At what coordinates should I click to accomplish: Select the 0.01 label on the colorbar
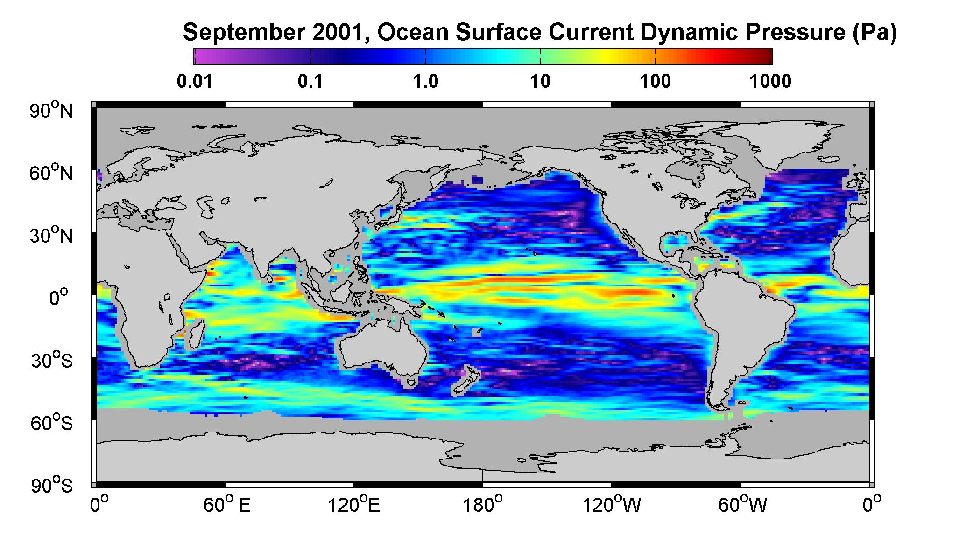coord(195,81)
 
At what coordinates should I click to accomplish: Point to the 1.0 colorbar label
coord(425,81)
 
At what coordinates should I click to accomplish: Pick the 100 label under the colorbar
coord(655,81)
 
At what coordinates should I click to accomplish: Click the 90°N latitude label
coord(52,111)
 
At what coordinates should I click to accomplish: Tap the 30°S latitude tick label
coord(52,361)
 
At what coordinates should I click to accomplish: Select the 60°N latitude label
coord(52,173)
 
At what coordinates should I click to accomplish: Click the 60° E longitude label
coord(226,504)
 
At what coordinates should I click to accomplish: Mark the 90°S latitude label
coord(52,485)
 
